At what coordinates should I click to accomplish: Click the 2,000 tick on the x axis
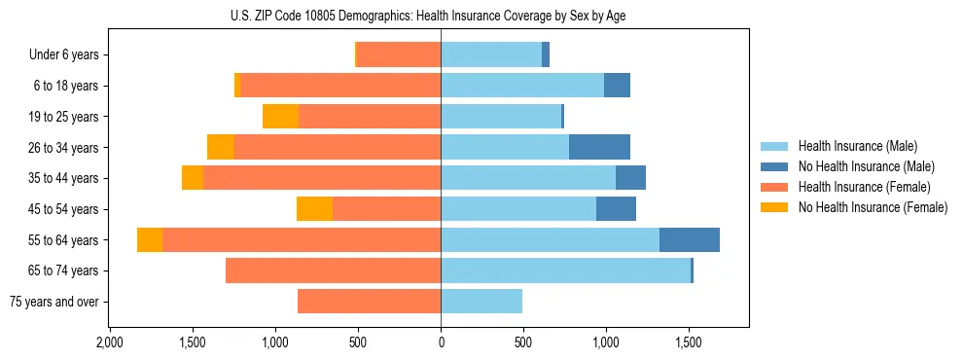coord(110,342)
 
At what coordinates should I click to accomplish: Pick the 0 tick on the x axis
coord(441,342)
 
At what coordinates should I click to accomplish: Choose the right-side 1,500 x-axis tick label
coord(689,342)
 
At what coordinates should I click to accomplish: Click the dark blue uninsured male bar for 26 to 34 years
coord(599,147)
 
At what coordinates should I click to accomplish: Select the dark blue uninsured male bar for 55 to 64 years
coord(690,239)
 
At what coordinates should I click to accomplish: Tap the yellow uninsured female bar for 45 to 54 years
coord(314,209)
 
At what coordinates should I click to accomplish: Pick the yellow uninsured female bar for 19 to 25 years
coord(280,117)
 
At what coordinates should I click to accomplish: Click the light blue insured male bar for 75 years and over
coord(481,302)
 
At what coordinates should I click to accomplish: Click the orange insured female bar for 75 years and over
coord(369,302)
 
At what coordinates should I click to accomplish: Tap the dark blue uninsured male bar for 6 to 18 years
coord(617,86)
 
